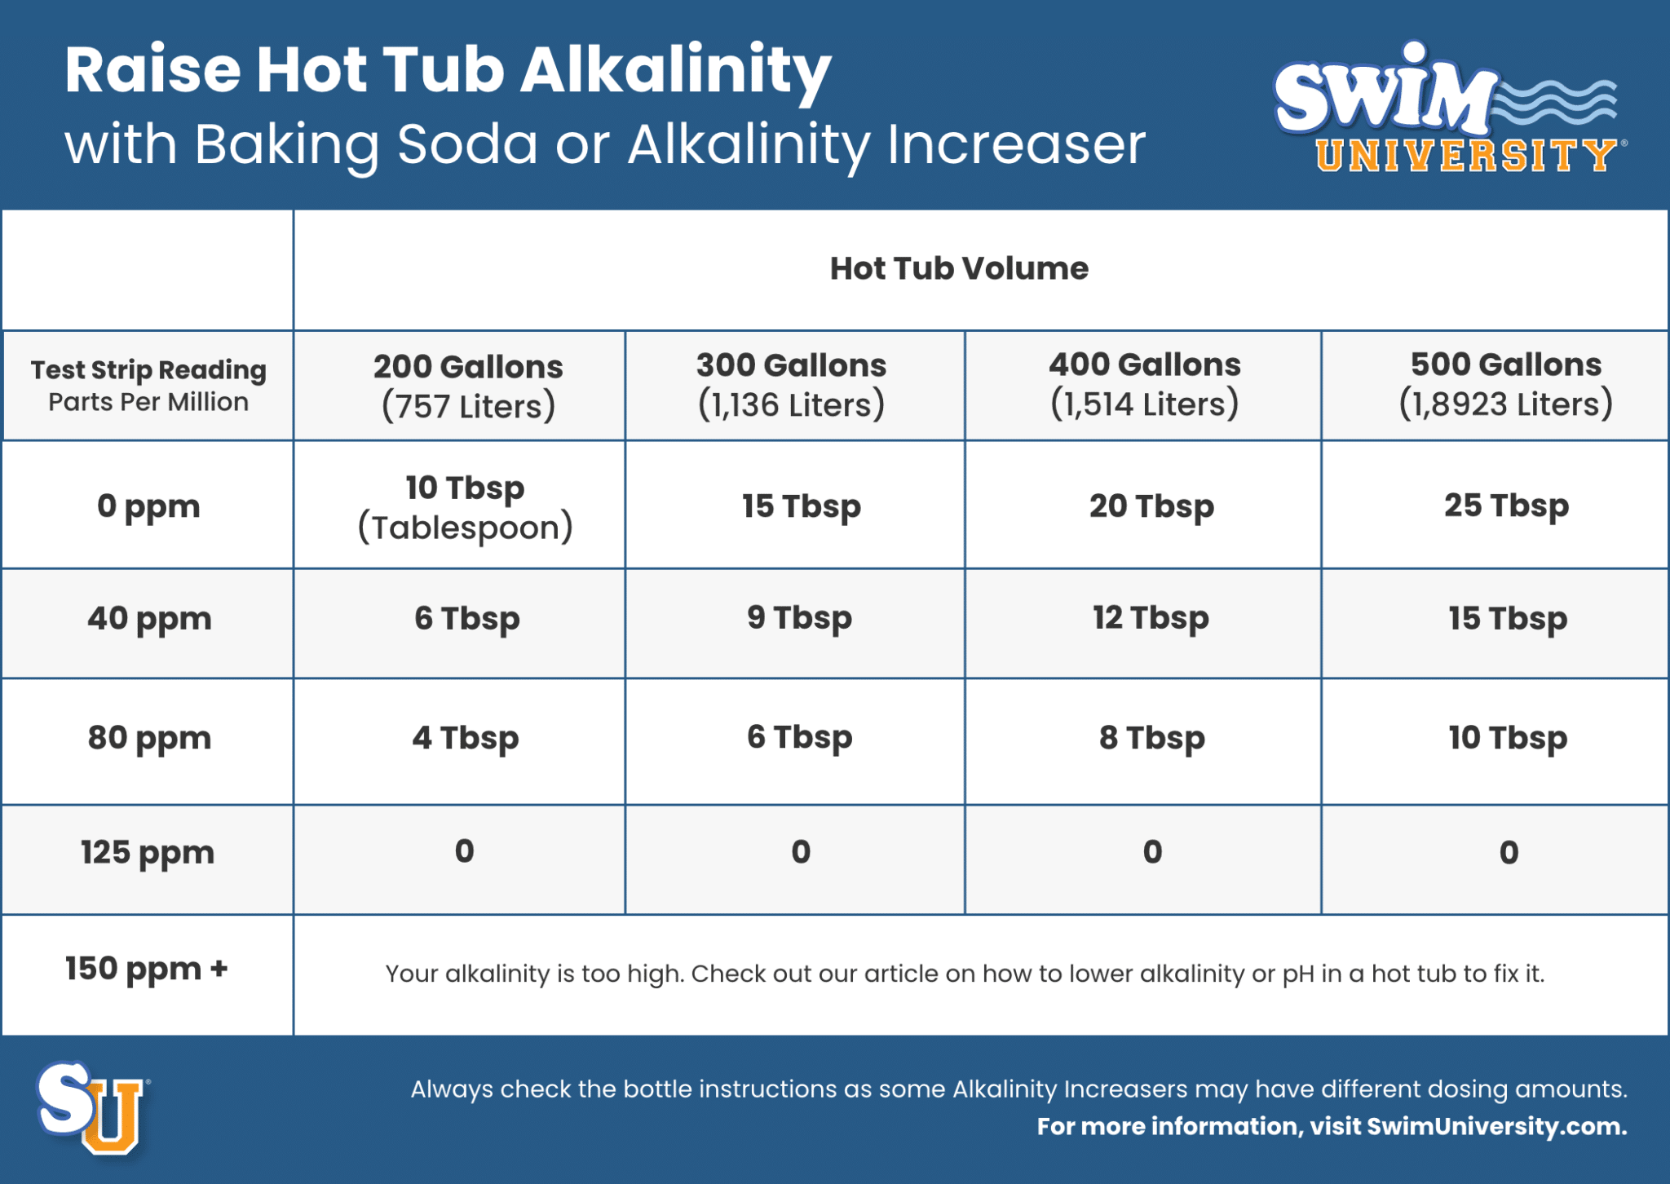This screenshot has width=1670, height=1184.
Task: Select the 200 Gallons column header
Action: pyautogui.click(x=468, y=386)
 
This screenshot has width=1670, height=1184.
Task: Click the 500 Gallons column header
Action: pyautogui.click(x=1506, y=384)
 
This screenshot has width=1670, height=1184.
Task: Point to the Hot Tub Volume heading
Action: pyautogui.click(x=959, y=268)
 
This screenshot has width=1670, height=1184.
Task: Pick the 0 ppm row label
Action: pyautogui.click(x=148, y=506)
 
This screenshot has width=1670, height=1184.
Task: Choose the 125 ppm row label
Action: pyautogui.click(x=148, y=853)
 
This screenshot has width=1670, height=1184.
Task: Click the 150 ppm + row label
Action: pyautogui.click(x=147, y=970)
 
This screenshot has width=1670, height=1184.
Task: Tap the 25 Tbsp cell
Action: pyautogui.click(x=1506, y=506)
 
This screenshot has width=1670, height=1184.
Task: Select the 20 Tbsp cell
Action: pyautogui.click(x=1151, y=506)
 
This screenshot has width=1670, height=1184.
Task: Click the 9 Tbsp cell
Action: pyautogui.click(x=799, y=618)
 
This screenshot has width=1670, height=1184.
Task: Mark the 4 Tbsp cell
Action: pyautogui.click(x=465, y=738)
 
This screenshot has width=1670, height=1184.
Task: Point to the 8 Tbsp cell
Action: pyautogui.click(x=1151, y=738)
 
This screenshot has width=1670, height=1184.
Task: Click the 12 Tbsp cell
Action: pyautogui.click(x=1151, y=618)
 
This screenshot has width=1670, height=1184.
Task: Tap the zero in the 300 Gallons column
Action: pyautogui.click(x=801, y=852)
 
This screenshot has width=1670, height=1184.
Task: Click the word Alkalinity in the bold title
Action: pyautogui.click(x=675, y=72)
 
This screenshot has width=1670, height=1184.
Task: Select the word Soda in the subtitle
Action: pyautogui.click(x=468, y=145)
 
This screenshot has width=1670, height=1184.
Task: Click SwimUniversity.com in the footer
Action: pyautogui.click(x=1496, y=1127)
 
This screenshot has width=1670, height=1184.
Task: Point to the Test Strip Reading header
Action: pyautogui.click(x=148, y=370)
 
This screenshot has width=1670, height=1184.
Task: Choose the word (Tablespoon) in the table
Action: pyautogui.click(x=465, y=528)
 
